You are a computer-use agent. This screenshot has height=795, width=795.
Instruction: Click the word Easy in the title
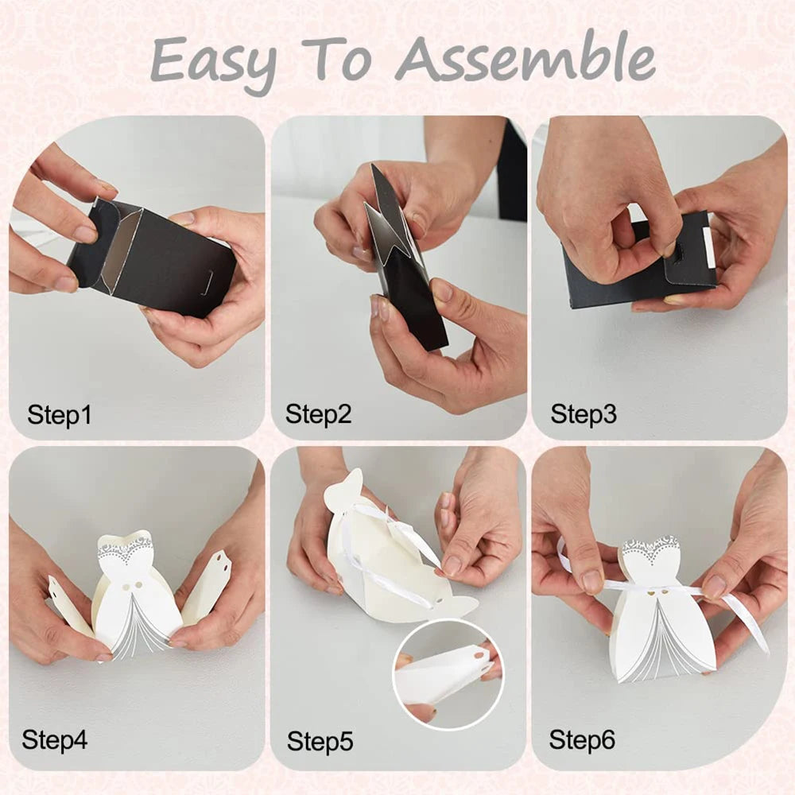coord(214,64)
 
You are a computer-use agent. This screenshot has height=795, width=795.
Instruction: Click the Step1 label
coord(60,415)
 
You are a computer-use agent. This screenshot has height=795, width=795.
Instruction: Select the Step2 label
coord(318,414)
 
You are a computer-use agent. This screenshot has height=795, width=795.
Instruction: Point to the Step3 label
coord(583,414)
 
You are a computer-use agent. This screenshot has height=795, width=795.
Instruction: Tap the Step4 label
coord(54,739)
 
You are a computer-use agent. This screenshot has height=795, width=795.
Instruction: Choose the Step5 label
coord(320,741)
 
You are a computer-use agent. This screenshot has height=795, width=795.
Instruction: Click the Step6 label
coord(582,739)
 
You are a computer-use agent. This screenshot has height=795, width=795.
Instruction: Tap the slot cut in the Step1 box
coord(207,282)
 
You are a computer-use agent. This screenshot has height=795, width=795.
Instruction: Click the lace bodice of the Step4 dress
coord(126,549)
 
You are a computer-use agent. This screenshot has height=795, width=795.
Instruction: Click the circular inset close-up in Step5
coord(448,674)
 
